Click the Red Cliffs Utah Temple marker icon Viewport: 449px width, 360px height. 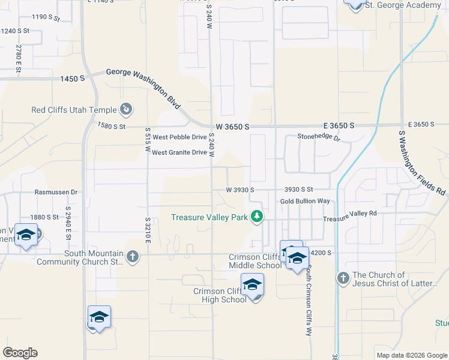click(127, 109)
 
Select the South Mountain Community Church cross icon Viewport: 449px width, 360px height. click(133, 257)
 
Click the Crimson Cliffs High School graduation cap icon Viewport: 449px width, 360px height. click(252, 284)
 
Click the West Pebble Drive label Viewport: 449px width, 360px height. click(179, 137)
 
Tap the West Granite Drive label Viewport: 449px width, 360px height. click(179, 152)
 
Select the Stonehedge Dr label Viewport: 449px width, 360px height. click(319, 137)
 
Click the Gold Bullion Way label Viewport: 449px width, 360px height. click(305, 201)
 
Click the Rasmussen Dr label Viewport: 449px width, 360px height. click(56, 192)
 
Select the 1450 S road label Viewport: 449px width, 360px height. click(72, 79)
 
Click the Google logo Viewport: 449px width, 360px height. click(20, 353)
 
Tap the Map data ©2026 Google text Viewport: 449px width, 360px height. click(411, 355)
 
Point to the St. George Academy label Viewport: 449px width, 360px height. click(402, 5)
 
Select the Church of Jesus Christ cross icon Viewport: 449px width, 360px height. click(343, 278)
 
